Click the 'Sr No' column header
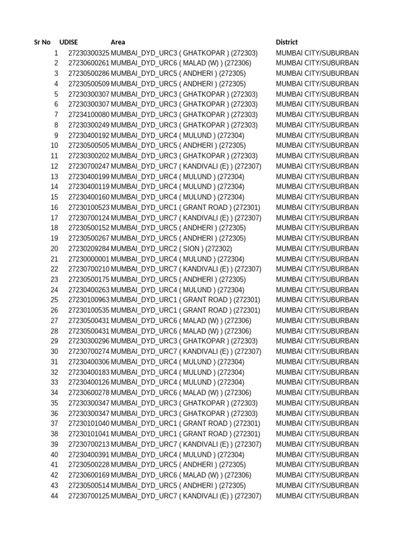coord(42,42)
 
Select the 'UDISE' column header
coord(69,42)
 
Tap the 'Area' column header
coord(118,42)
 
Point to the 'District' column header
coord(287,42)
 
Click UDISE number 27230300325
coord(89,53)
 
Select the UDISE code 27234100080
coord(89,115)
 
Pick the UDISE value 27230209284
coord(89,249)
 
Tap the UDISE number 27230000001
coord(89,259)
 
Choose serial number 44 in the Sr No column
coord(54,496)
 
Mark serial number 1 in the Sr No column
coord(56,53)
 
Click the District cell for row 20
coord(317,249)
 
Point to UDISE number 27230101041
coord(89,434)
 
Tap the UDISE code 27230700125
coord(89,496)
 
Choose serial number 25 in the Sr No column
coord(54,300)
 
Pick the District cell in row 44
coord(317,496)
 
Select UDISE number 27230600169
coord(89,475)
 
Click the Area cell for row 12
coord(186,166)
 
